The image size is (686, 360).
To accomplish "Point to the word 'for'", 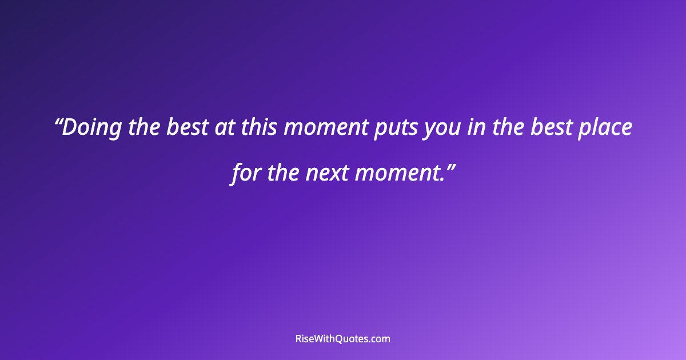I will coord(245,173).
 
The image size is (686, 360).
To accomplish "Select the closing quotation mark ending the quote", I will coord(450,167).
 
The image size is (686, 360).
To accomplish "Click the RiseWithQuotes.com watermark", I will coord(343,339).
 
